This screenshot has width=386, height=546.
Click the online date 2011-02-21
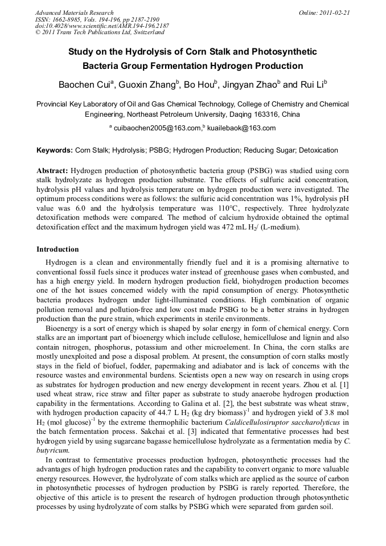click(x=334, y=13)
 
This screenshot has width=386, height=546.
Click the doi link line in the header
click(x=102, y=26)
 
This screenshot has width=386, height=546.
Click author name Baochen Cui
click(x=84, y=85)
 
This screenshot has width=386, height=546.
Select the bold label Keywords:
click(x=54, y=150)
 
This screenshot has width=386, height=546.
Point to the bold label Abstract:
click(x=52, y=171)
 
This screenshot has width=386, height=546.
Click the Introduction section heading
click(x=58, y=249)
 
